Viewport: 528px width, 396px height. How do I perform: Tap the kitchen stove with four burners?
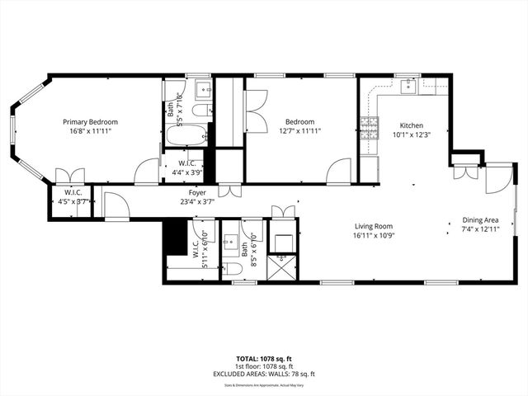pyautogui.click(x=369, y=126)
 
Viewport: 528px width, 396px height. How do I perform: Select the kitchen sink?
pyautogui.click(x=407, y=85)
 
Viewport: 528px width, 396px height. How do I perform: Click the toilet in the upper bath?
pyautogui.click(x=201, y=111)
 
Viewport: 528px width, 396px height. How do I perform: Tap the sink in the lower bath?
pyautogui.click(x=231, y=241)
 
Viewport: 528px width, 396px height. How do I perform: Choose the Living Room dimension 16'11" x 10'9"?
pyautogui.click(x=374, y=235)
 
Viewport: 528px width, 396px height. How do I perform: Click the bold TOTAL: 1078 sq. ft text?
pyautogui.click(x=266, y=359)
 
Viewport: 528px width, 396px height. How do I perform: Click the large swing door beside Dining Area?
pyautogui.click(x=497, y=180)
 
